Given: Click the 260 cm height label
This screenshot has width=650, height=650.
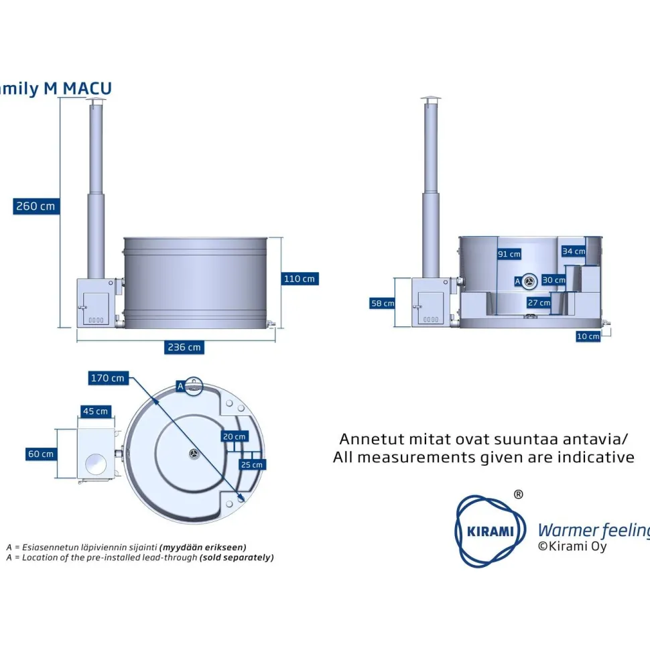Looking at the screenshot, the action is (x=36, y=206).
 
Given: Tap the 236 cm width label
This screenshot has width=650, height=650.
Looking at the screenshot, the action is (x=184, y=347).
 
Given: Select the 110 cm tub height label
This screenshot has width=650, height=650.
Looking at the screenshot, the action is (x=300, y=279).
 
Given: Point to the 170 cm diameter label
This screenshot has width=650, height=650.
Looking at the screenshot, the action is (x=108, y=378).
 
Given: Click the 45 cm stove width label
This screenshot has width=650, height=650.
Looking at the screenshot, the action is (x=95, y=411).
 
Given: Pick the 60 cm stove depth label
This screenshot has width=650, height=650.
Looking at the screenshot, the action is (x=41, y=454).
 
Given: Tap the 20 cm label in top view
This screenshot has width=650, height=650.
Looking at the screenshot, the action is (x=235, y=436).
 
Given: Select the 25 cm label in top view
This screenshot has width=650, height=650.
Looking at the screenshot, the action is (x=252, y=464).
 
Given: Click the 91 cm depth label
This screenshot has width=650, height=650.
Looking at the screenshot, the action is (x=509, y=254).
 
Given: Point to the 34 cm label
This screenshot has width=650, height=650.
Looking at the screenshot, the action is (x=574, y=251).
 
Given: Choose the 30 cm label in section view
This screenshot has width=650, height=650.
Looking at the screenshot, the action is (x=554, y=280).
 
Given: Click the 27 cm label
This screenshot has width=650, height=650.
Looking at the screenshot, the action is (x=539, y=303).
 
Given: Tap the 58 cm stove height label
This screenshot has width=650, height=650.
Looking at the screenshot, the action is (x=382, y=303).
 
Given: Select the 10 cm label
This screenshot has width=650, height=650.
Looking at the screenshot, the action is (x=588, y=336).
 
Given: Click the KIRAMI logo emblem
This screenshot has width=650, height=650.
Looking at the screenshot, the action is (x=490, y=531).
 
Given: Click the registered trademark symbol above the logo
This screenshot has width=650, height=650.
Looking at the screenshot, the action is (x=518, y=494).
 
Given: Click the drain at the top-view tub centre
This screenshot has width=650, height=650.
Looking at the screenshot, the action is (x=194, y=454).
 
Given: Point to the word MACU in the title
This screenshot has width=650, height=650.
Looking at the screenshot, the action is (x=87, y=88).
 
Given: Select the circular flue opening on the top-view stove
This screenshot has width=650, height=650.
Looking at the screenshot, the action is (x=96, y=464).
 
